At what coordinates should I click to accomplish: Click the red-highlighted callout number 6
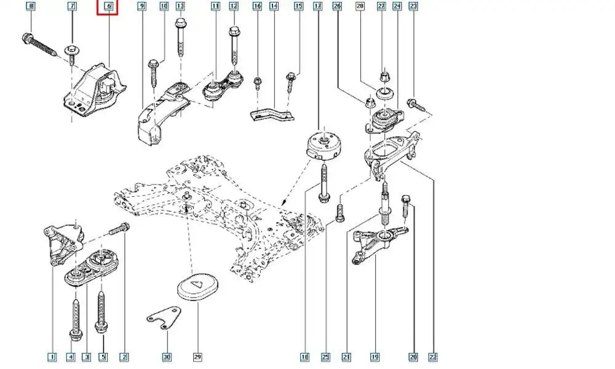(108, 7)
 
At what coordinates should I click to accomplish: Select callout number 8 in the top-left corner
(30, 7)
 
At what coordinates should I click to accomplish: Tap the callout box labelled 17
(317, 7)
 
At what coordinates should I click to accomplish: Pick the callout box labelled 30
(166, 357)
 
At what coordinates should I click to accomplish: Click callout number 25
(326, 357)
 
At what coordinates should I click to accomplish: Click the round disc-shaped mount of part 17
(323, 145)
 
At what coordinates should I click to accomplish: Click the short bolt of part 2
(118, 230)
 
